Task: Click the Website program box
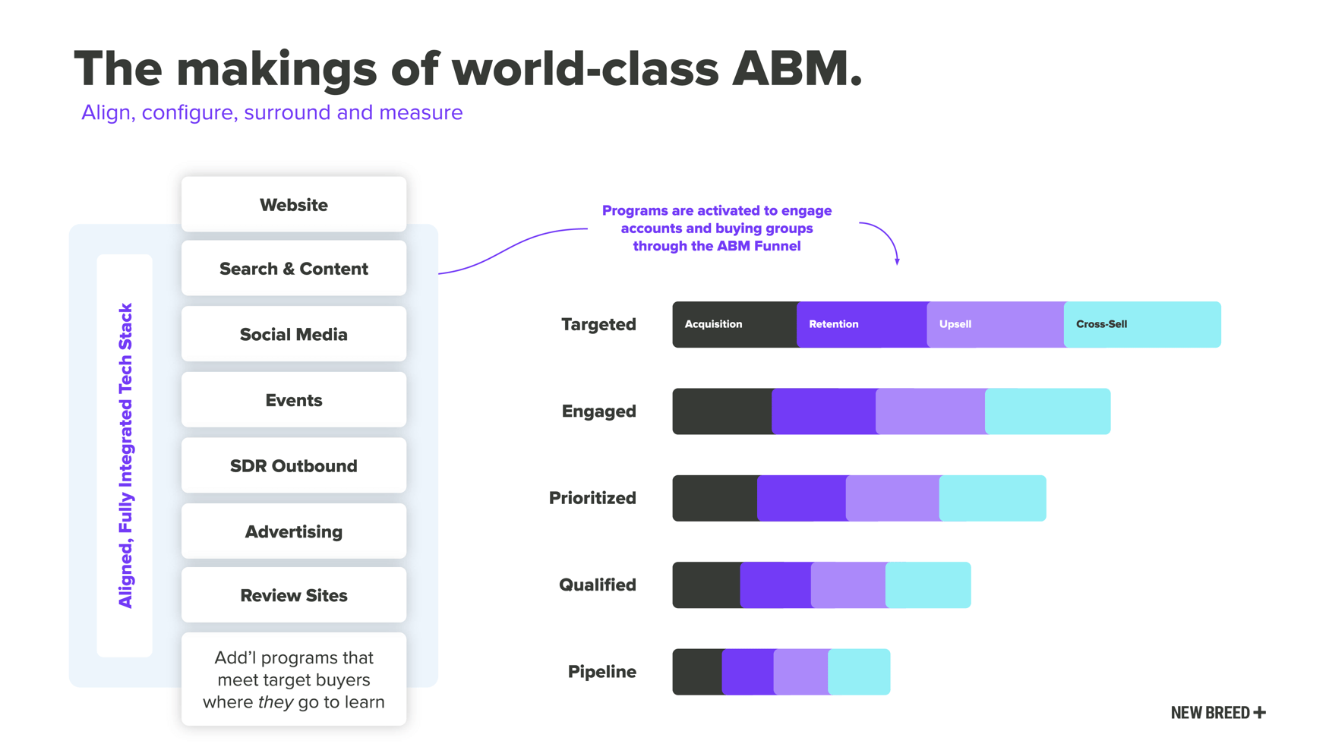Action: [x=293, y=205]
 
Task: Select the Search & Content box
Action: [x=293, y=269]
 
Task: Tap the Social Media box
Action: [x=293, y=335]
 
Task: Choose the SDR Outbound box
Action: [x=293, y=466]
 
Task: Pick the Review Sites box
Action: [x=293, y=596]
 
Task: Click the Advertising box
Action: [x=293, y=532]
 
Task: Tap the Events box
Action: [x=293, y=400]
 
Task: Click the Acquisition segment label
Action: [x=713, y=324]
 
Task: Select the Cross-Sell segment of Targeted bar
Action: [x=1141, y=324]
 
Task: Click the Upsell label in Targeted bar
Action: [x=955, y=324]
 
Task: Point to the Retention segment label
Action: [x=833, y=324]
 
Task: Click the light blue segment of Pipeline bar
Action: [x=859, y=672]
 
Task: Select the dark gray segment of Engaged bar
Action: [x=721, y=411]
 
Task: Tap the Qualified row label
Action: [x=597, y=585]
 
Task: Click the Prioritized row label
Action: [x=592, y=498]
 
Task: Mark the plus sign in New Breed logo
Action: [x=1260, y=712]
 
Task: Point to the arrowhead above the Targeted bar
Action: [x=897, y=261]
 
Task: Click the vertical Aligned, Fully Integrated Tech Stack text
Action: [x=125, y=455]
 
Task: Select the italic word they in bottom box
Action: [x=275, y=702]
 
